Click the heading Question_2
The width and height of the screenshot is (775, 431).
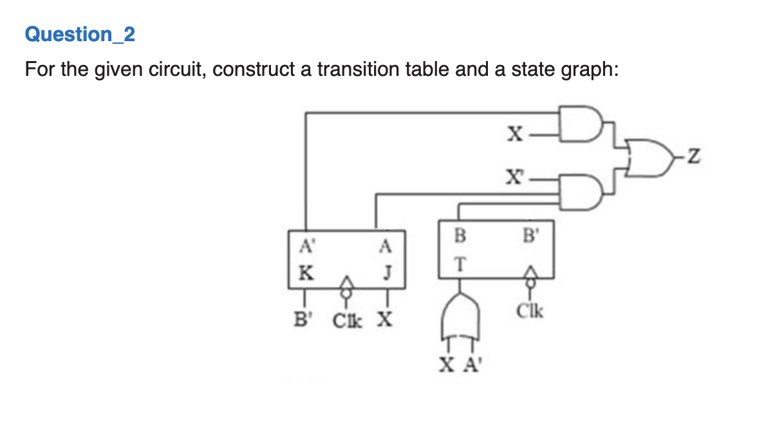(x=80, y=34)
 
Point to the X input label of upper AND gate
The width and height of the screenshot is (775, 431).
(x=514, y=134)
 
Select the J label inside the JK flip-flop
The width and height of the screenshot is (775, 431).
(x=386, y=271)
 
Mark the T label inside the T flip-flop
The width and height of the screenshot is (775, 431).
(x=459, y=264)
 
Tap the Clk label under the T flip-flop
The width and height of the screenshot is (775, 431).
(x=532, y=313)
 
